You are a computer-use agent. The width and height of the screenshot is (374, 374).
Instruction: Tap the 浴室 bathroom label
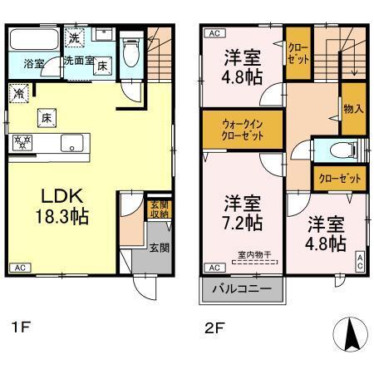point(34,63)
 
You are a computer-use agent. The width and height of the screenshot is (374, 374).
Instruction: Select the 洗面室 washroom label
point(78,61)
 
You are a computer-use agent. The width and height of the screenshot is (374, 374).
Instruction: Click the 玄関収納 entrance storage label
point(159,209)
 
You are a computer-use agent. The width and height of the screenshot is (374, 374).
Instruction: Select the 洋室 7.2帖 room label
point(242,214)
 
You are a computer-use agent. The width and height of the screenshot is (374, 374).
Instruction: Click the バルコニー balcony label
point(242,291)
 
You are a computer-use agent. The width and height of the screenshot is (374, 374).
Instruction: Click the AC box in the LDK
point(20,268)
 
